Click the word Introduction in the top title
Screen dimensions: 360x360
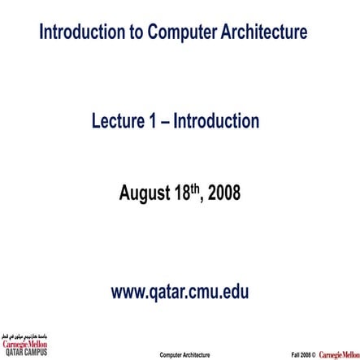(x=80, y=33)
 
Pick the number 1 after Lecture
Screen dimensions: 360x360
(x=153, y=122)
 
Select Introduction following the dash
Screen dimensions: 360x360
(x=215, y=122)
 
